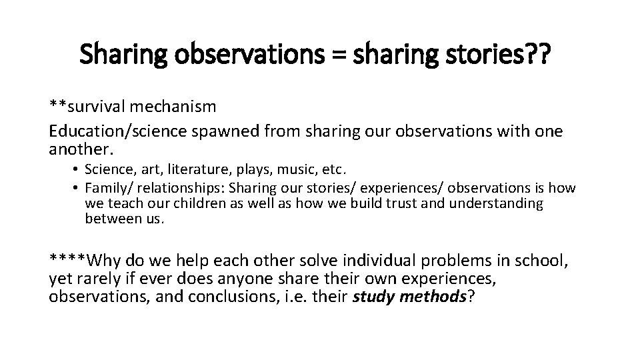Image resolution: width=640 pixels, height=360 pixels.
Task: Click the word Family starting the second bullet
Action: click(103, 189)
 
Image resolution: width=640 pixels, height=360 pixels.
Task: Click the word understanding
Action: click(497, 203)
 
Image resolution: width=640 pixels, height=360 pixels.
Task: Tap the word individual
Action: click(389, 259)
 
